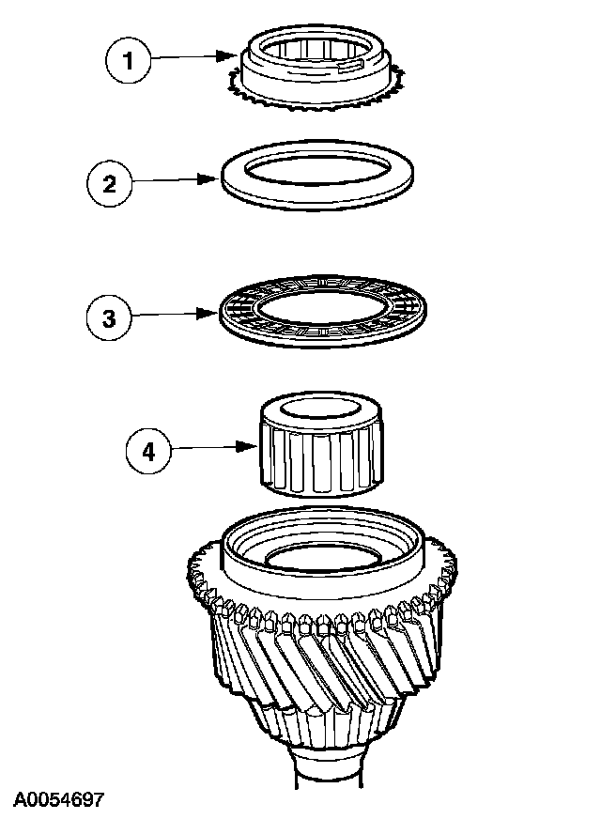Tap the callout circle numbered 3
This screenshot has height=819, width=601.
click(x=110, y=317)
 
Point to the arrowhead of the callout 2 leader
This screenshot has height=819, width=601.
click(x=214, y=178)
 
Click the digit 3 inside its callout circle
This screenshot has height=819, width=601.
click(x=110, y=317)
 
